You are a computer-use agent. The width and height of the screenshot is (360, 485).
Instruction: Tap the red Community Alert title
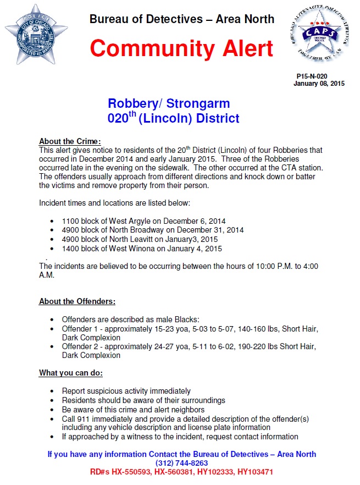(x=181, y=48)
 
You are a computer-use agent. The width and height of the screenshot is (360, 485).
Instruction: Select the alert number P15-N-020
(x=312, y=76)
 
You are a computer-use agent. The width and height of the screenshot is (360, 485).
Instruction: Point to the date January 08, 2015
(x=319, y=84)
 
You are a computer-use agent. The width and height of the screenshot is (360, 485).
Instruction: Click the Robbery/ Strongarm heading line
(x=169, y=103)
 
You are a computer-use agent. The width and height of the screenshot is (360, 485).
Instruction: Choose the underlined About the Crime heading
(x=70, y=141)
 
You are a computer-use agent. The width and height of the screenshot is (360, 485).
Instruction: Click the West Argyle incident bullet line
(x=143, y=221)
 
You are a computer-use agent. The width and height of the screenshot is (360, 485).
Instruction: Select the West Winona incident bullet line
(x=142, y=249)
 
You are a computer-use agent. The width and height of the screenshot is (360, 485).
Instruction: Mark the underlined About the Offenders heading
(x=77, y=301)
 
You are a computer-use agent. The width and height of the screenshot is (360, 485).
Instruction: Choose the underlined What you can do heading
(x=71, y=373)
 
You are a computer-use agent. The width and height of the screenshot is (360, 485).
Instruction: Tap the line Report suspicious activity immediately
(x=126, y=391)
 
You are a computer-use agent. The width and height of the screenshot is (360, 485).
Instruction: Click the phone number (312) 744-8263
(x=181, y=463)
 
